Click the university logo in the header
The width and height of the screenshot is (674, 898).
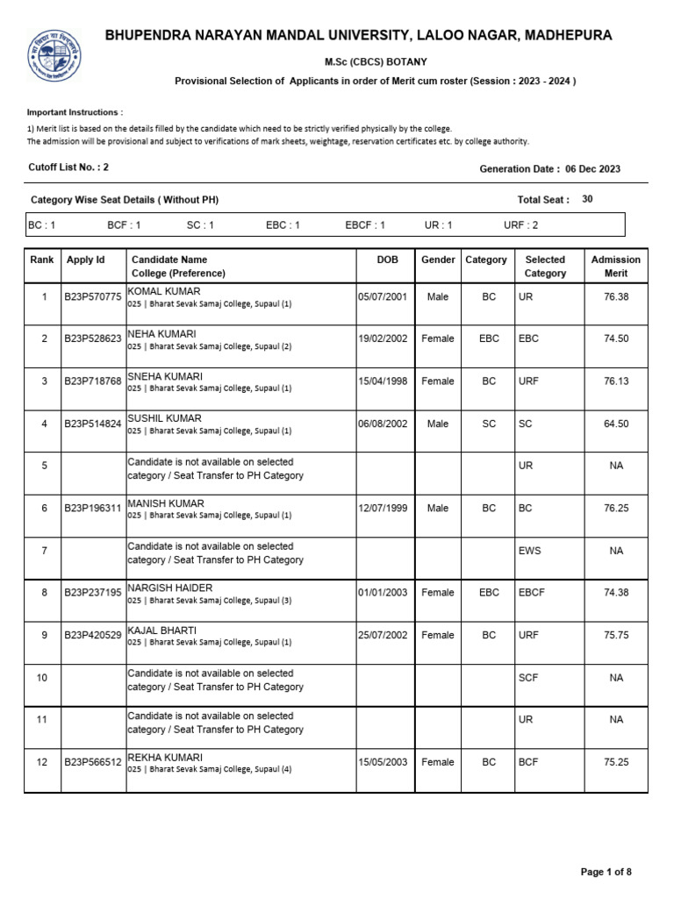[x=55, y=55]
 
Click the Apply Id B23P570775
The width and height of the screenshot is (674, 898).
[x=92, y=297]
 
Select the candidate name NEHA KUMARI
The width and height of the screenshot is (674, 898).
[x=162, y=334]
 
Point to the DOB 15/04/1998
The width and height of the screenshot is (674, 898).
[x=382, y=381]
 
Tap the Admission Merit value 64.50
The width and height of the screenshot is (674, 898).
[x=616, y=424]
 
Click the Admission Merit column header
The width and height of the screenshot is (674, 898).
[x=616, y=267]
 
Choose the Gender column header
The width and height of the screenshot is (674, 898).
[x=438, y=260]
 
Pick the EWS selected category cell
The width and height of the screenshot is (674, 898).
[x=530, y=551]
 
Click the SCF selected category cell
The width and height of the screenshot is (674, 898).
[x=528, y=678]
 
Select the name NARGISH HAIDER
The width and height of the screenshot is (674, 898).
[x=170, y=588]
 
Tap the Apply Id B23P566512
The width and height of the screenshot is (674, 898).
[x=92, y=763]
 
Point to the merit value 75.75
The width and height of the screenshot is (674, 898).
[x=616, y=636]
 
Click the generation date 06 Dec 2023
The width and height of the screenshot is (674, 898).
[x=592, y=169]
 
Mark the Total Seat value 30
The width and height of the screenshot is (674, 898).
[x=587, y=199]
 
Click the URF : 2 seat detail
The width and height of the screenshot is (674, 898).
[x=521, y=225]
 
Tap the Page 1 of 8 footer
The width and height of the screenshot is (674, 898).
[x=606, y=872]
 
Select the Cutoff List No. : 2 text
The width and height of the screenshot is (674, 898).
[x=68, y=167]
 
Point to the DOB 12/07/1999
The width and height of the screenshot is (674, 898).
[x=382, y=509]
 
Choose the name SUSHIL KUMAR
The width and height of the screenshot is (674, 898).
[x=164, y=419]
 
